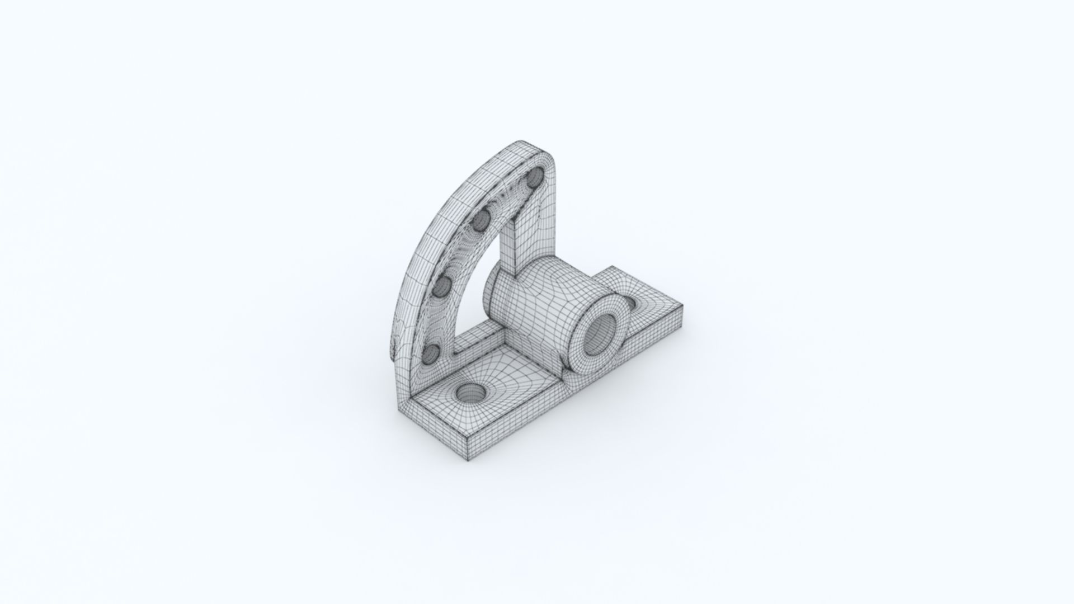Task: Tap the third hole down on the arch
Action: pyautogui.click(x=442, y=286)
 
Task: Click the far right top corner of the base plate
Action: pyautogui.click(x=681, y=305)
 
